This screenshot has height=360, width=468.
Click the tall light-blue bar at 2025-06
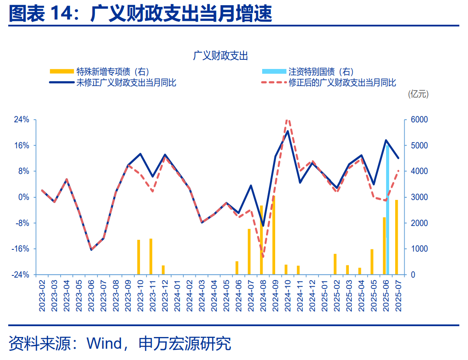[387, 210]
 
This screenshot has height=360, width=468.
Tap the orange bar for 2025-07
[396, 237]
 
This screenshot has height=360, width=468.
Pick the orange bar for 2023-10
[139, 257]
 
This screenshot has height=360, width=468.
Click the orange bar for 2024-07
[249, 252]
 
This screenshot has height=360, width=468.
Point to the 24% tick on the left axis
[20, 120]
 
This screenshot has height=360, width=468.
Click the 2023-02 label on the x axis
[42, 295]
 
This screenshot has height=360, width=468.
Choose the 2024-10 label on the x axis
[286, 295]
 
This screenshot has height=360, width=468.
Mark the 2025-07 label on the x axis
[397, 295]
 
